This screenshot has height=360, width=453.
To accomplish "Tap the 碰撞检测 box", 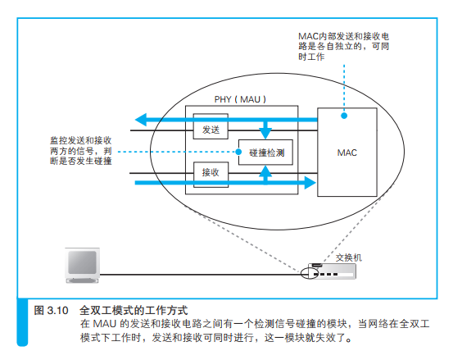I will coord(265,153).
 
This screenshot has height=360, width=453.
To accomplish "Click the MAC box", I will coord(347,153).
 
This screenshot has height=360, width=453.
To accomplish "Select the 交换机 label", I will coord(347,257).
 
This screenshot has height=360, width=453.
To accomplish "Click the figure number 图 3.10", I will coord(49,311).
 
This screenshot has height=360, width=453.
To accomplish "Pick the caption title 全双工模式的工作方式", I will coord(134,311).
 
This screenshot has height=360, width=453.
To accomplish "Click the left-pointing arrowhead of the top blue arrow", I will coord(142,121).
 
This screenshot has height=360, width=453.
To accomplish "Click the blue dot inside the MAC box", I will coord(344,115).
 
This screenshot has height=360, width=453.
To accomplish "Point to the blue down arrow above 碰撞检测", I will coord(265,131).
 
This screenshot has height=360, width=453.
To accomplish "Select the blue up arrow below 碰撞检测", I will coord(265,172).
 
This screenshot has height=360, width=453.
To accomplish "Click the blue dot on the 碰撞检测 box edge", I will coord(238,152).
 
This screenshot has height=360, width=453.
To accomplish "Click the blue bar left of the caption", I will coord(23,324).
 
